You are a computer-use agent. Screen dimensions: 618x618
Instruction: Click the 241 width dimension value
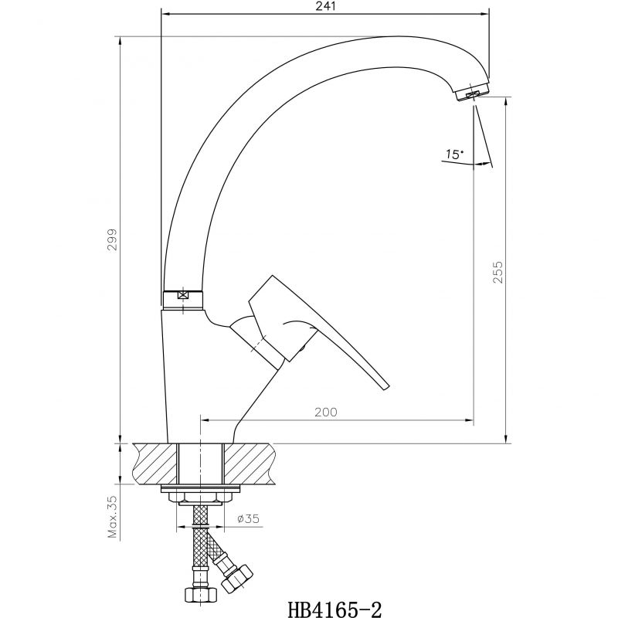point(325,6)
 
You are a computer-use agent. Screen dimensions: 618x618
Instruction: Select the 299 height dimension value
point(113,239)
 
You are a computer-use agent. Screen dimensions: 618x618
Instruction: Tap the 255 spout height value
point(497,272)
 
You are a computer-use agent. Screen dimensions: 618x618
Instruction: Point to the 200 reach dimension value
point(326,413)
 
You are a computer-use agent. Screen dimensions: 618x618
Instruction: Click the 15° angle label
point(454,154)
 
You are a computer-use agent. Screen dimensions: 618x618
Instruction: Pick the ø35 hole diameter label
point(248,518)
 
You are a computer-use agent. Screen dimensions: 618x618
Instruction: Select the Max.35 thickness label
point(113,517)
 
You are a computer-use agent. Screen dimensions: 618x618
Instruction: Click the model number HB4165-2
point(335,609)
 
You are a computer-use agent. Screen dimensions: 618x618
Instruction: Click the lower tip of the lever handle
point(385,387)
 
